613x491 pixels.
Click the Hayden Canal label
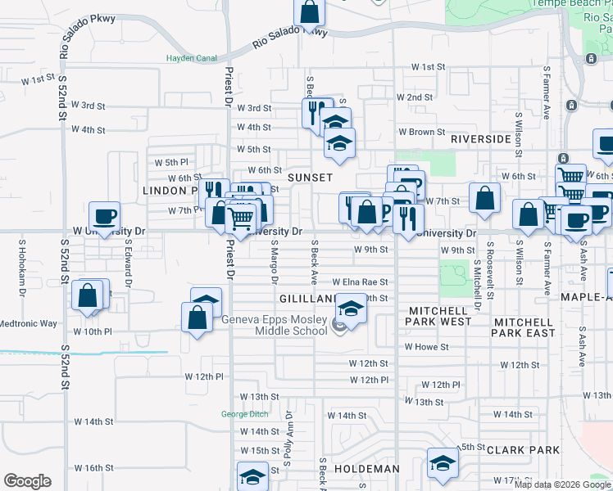tap(189, 58)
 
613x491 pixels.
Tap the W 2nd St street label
tap(415, 97)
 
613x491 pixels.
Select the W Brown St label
tap(421, 132)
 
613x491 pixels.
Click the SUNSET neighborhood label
tap(310, 178)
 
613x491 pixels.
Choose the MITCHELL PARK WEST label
tap(438, 316)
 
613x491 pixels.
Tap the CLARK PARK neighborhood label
tap(523, 450)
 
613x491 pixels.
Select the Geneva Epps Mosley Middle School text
tap(274, 325)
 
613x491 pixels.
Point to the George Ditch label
tap(245, 414)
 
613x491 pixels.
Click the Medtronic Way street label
tap(29, 323)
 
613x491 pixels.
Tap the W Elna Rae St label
tap(360, 282)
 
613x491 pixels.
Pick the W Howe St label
tap(426, 347)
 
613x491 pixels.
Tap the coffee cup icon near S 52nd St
tap(104, 217)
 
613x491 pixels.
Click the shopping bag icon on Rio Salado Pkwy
tap(310, 11)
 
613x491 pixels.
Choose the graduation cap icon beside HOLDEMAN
tap(443, 463)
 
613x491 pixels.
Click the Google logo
tap(28, 481)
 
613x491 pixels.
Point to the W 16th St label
tap(93, 468)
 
